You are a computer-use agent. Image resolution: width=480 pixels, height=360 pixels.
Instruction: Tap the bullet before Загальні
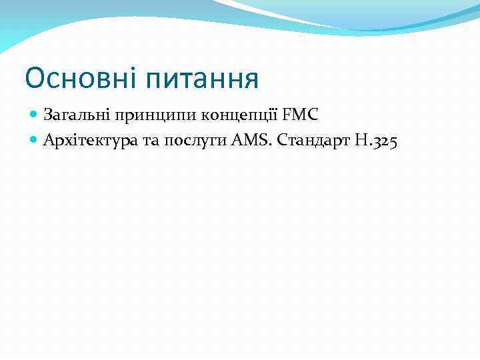coord(35,115)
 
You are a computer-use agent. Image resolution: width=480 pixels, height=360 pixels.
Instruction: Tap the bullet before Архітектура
coord(35,140)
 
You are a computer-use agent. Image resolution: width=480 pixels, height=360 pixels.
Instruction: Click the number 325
coord(383,141)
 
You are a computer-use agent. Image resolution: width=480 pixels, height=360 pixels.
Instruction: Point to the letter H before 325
coord(358,140)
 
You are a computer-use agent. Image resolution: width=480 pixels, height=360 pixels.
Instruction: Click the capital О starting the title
coord(35,79)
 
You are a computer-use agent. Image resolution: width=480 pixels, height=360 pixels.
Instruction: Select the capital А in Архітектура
coord(49,140)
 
